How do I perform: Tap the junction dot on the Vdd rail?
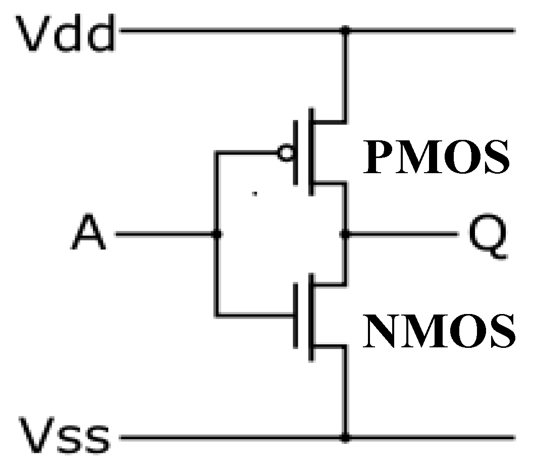click(x=345, y=31)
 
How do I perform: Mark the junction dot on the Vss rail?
click(x=345, y=438)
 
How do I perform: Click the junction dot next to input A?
click(x=217, y=234)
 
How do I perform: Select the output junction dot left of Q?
click(x=345, y=234)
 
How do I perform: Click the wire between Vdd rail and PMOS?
click(x=345, y=76)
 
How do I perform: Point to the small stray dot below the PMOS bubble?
click(x=255, y=193)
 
